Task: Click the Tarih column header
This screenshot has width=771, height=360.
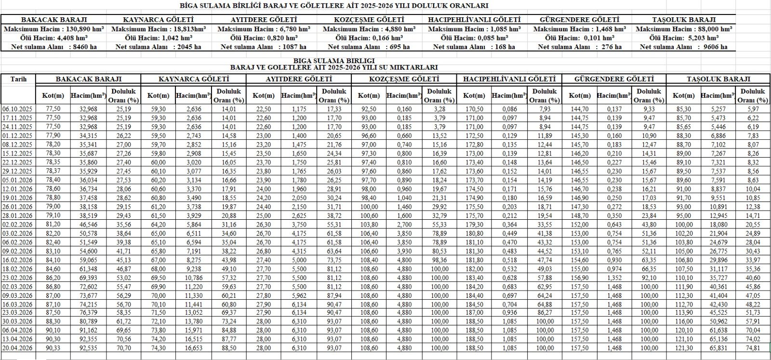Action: tap(18, 79)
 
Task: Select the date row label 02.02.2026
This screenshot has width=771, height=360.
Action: tap(18, 225)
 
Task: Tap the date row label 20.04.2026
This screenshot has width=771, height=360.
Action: tap(18, 348)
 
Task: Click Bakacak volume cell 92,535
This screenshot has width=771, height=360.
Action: tap(89, 348)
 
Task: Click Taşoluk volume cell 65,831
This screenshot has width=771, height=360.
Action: tap(718, 348)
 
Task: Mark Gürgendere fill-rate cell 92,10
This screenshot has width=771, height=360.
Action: tap(649, 278)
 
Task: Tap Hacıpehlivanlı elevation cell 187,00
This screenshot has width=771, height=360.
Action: tap(475, 312)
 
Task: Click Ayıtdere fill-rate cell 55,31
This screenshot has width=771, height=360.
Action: tap(334, 225)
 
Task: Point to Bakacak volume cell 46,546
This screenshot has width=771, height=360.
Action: tap(89, 225)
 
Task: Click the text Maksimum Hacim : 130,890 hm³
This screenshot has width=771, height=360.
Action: tap(54, 29)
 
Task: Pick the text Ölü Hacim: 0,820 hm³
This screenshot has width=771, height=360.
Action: tap(264, 38)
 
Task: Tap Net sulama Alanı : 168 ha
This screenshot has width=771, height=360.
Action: tap(474, 47)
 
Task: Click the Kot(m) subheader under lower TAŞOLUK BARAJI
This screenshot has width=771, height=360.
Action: tap(683, 95)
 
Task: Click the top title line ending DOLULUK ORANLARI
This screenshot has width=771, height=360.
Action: tap(334, 6)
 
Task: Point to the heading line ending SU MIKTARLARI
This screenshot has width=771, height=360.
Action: tap(334, 67)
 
